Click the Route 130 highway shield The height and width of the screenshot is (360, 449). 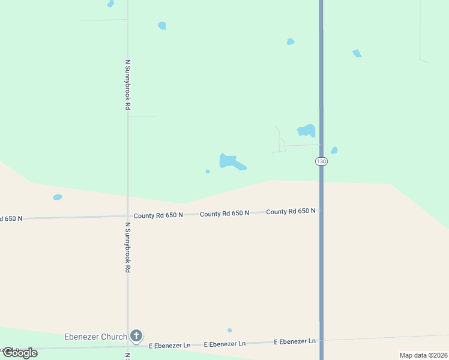[x=321, y=162]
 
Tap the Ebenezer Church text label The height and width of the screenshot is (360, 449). [x=95, y=337]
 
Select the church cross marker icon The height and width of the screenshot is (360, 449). [x=136, y=336]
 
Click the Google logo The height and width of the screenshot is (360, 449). [x=20, y=353]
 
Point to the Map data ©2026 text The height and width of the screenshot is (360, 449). [x=423, y=355]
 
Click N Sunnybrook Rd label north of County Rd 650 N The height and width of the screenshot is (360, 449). [x=128, y=84]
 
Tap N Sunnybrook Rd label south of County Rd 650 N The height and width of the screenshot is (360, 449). [x=128, y=248]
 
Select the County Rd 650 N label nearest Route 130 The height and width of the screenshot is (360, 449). [x=291, y=211]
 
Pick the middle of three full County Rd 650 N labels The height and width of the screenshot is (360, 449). [x=224, y=214]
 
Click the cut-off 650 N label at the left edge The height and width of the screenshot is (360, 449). [x=11, y=218]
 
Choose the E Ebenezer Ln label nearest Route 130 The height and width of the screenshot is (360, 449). [x=295, y=341]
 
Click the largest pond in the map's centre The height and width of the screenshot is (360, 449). [x=231, y=161]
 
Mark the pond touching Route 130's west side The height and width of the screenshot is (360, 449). [x=307, y=130]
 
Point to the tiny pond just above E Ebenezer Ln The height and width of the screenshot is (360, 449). [x=229, y=330]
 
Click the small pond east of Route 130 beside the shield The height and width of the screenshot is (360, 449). [x=334, y=150]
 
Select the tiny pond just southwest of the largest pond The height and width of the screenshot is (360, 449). [x=208, y=172]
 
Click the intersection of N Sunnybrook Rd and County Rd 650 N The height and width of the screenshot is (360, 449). [x=128, y=216]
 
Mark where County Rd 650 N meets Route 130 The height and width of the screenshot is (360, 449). [x=321, y=210]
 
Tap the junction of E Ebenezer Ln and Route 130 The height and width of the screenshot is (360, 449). [x=321, y=340]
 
